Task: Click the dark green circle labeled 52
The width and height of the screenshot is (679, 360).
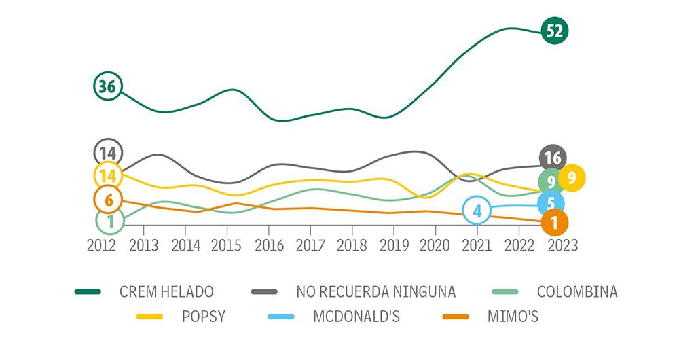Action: [555, 31]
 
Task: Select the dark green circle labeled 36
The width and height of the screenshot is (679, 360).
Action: [107, 86]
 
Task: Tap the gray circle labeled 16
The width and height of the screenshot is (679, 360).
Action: [553, 158]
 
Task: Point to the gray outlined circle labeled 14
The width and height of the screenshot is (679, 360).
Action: [107, 152]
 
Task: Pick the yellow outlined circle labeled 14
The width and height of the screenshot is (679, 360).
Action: [107, 176]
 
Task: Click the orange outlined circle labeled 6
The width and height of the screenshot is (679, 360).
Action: [109, 200]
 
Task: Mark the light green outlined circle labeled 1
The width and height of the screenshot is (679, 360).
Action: [110, 220]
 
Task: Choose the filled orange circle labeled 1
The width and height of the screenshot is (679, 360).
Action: [555, 222]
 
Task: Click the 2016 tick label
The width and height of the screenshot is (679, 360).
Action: [269, 245]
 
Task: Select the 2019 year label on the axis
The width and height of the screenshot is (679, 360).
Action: [394, 245]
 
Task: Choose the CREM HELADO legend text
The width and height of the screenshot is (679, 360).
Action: [166, 292]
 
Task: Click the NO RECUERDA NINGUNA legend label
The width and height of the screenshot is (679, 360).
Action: [375, 292]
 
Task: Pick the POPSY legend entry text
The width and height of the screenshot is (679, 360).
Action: [204, 316]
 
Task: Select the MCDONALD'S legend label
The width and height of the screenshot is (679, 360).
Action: [356, 316]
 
